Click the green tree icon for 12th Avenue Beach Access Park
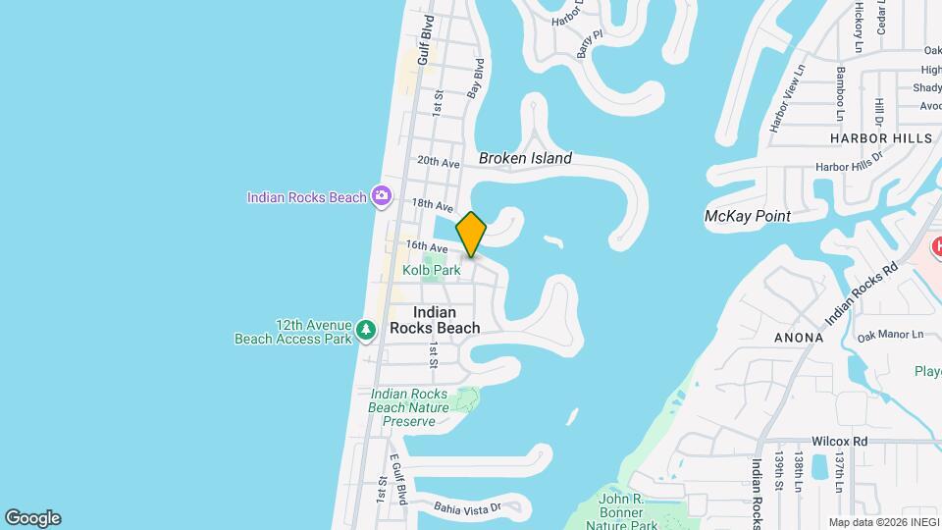(366, 331)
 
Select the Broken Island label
(525, 158)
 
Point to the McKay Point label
(748, 216)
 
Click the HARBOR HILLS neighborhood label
(880, 138)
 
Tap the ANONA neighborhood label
(798, 337)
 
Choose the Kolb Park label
(431, 270)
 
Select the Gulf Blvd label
(425, 40)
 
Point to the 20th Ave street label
(439, 162)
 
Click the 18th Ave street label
(433, 205)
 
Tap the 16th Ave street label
(427, 246)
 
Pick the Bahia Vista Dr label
(468, 507)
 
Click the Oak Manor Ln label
(890, 336)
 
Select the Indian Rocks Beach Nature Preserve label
(409, 407)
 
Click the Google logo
(32, 518)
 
